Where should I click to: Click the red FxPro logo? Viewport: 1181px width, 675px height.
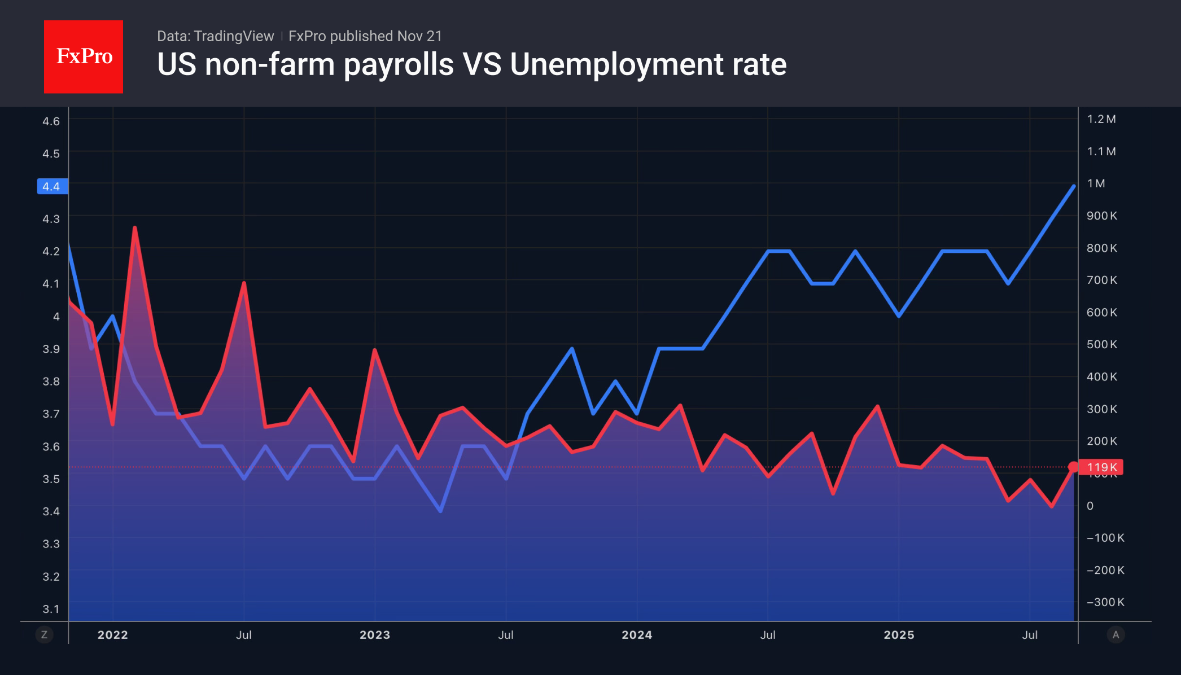[84, 56]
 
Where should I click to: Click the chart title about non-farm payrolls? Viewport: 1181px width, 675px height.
[471, 64]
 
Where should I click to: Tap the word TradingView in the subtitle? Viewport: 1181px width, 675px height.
[233, 36]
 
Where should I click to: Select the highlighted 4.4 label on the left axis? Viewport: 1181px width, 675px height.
[52, 186]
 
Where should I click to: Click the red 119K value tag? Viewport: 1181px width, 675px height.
[1101, 467]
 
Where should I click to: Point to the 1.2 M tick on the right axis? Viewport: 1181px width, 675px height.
[1101, 119]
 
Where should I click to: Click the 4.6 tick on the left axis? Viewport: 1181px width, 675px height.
[51, 121]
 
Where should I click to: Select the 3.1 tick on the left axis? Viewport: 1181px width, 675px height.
[51, 608]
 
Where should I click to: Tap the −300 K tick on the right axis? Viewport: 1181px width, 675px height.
[1105, 602]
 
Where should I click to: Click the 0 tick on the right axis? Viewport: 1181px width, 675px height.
[1090, 506]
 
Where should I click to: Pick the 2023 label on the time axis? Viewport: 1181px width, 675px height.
[375, 635]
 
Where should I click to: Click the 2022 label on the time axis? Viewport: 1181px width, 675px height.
[113, 635]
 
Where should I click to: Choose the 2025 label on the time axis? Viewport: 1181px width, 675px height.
[899, 635]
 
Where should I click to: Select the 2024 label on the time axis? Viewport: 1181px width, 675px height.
[637, 635]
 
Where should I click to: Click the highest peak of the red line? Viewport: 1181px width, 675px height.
[134, 227]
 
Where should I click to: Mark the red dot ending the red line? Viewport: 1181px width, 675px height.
[1073, 467]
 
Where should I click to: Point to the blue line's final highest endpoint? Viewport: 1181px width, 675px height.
[1073, 186]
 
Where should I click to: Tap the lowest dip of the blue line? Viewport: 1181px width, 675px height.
[440, 511]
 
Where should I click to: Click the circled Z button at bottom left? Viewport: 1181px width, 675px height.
[44, 635]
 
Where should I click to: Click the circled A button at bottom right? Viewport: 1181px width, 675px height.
[1116, 635]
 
